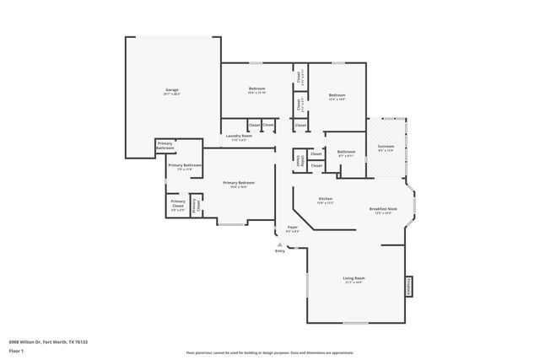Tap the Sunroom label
point(386,147)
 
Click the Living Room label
point(354,277)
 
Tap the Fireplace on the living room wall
point(408,286)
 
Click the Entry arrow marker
point(280,245)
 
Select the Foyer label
point(293,228)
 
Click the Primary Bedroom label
point(238,183)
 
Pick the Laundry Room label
point(241,136)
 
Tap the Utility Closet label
point(299,159)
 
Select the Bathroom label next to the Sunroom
point(347,152)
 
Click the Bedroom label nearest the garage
point(257,89)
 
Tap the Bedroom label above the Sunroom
point(337,94)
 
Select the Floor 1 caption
point(17,350)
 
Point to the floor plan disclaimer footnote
point(270,352)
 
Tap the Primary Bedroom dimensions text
point(238,187)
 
